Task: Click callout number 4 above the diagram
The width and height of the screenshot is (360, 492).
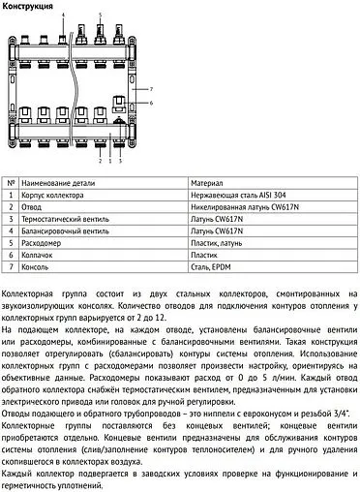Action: [64, 16]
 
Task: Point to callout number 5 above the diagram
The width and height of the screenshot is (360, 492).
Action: [100, 16]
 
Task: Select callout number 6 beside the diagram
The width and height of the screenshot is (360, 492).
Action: [151, 102]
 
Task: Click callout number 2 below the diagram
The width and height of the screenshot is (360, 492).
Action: [99, 162]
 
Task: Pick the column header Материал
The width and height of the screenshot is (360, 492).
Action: [207, 182]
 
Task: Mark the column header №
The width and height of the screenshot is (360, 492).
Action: [11, 182]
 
